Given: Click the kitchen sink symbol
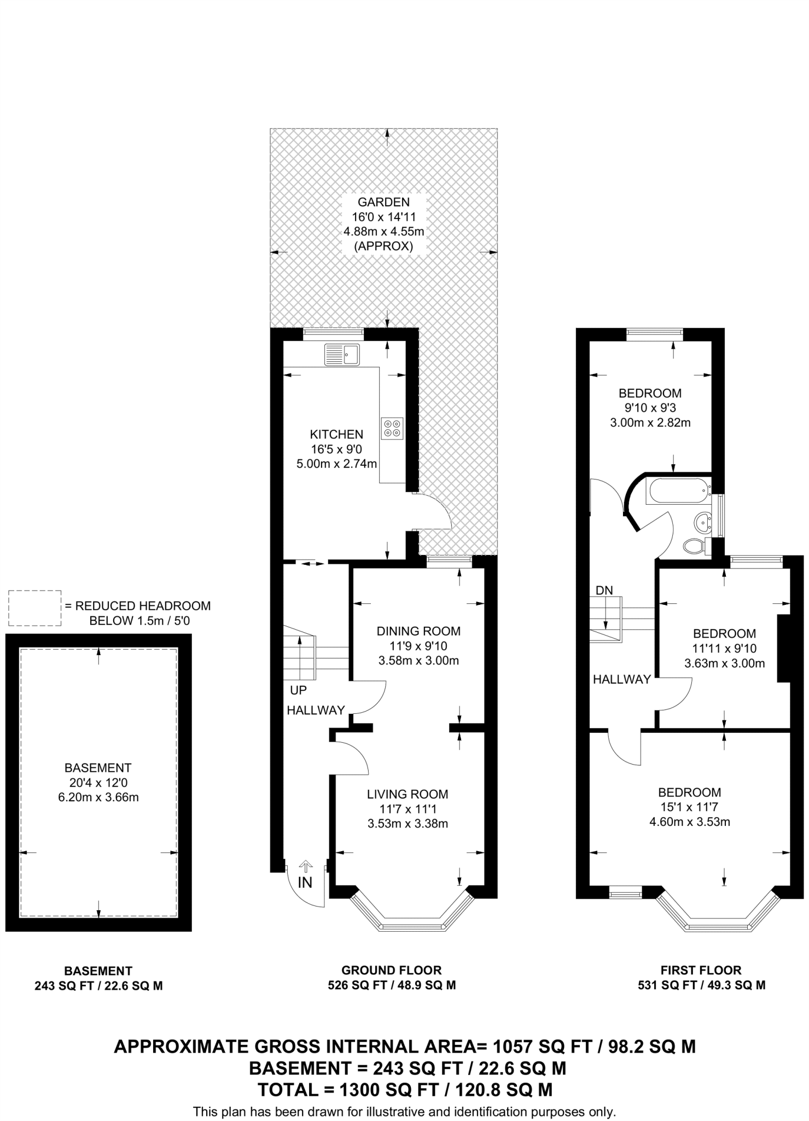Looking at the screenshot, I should click(341, 354).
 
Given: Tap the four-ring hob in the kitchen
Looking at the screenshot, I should click(392, 428).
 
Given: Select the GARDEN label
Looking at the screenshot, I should click(383, 202).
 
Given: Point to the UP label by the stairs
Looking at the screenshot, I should click(299, 690).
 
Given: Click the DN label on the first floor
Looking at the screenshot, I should click(604, 590).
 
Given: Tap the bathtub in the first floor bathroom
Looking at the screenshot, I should click(677, 491).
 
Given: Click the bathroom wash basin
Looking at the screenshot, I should click(701, 522).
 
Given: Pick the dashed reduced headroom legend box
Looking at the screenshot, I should click(34, 608).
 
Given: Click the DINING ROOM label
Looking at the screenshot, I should click(418, 631).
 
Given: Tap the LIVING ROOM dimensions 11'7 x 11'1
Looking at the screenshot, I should click(408, 808).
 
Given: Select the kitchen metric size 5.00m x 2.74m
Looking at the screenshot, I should click(336, 464).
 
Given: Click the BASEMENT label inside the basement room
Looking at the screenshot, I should click(98, 767).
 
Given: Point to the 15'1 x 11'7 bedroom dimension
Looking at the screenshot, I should click(689, 807).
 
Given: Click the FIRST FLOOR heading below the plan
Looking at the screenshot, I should click(701, 970).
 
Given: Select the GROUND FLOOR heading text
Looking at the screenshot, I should click(391, 970).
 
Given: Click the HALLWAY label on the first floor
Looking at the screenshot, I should click(622, 679).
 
